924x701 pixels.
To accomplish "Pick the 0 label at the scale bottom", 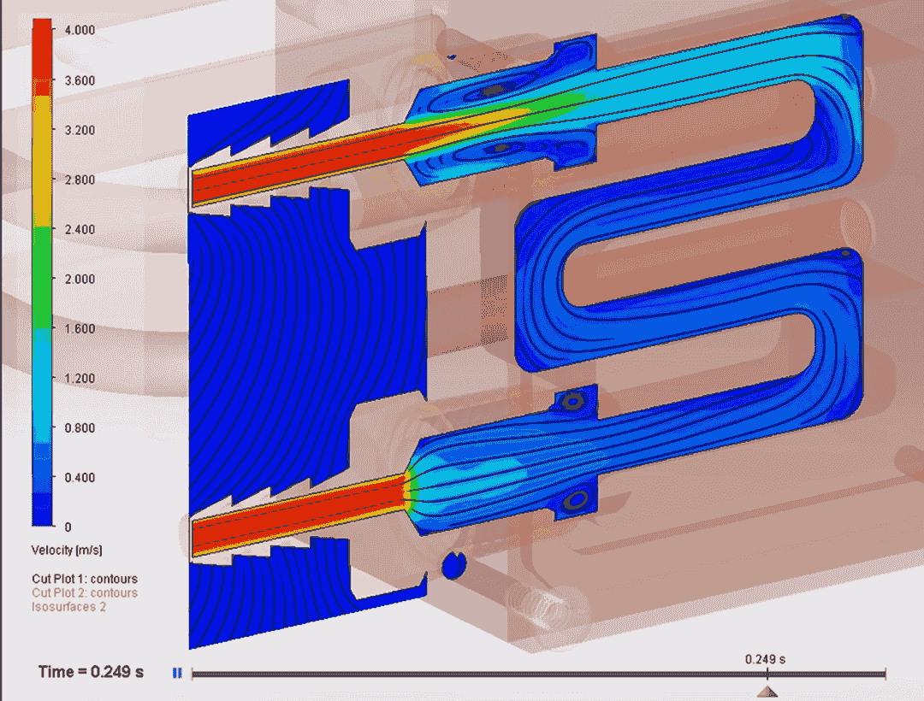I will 68,527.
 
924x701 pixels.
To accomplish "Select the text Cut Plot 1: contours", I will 84,579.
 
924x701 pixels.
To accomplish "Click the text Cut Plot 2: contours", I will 84,592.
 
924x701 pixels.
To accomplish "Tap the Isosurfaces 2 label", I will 68,606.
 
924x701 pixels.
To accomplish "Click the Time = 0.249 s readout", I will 91,672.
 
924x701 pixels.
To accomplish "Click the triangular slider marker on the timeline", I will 767,691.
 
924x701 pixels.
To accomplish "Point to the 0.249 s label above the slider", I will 765,659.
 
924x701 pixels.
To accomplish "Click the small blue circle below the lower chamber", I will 453,564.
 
